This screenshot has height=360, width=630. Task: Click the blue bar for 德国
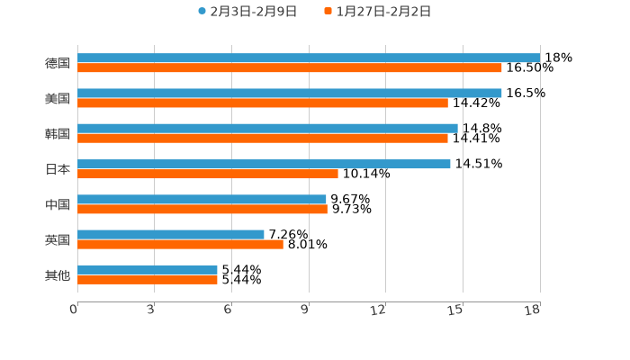[x=309, y=58]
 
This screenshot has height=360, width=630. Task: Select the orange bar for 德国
[x=290, y=67]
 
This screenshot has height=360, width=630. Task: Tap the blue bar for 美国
[x=290, y=93]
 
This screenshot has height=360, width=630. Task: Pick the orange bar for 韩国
[x=263, y=138]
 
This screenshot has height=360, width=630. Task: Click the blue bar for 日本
[x=264, y=164]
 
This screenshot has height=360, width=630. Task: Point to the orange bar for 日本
[x=208, y=174]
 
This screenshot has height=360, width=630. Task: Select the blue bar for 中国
[x=202, y=199]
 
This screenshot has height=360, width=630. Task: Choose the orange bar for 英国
[x=180, y=244]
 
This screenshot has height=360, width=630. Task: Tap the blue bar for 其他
[x=148, y=269]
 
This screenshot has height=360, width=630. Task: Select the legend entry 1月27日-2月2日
[x=383, y=12]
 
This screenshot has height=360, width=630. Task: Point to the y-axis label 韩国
[x=58, y=133]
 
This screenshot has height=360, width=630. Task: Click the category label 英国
[x=58, y=239]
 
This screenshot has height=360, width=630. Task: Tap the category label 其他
[x=58, y=274]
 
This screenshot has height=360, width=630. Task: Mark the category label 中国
[x=58, y=204]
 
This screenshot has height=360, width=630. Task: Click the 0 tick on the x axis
[x=75, y=310]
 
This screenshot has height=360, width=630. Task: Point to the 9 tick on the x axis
[x=306, y=310]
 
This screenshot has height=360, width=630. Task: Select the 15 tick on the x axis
[x=456, y=310]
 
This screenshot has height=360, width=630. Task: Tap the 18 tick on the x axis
[x=534, y=310]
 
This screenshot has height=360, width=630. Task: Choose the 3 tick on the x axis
[x=151, y=310]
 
